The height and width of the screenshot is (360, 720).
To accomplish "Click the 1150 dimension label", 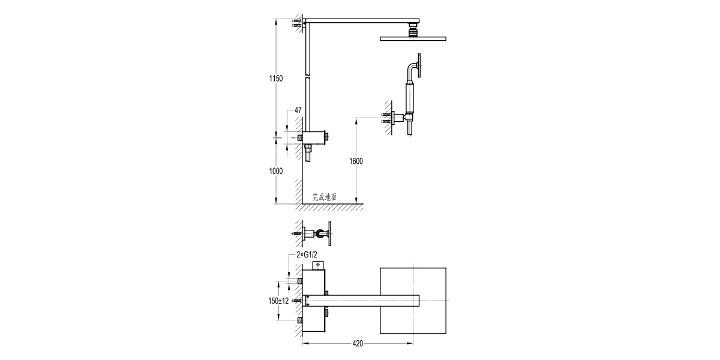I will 275,79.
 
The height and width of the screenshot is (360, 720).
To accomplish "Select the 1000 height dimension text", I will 275,171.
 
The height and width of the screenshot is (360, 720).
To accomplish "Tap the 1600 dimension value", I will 356,161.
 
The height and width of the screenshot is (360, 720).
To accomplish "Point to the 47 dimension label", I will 298,110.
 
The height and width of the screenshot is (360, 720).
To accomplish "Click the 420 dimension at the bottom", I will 358,344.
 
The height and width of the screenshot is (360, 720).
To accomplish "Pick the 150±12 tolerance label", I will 279,301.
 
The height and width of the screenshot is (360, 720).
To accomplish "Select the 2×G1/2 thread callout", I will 307,255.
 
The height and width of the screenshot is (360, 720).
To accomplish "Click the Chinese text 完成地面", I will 325,197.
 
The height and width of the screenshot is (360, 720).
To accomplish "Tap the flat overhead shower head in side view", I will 413,39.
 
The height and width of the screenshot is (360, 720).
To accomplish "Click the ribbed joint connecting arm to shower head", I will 413,30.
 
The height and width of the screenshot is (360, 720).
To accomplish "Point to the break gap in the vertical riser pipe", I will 307,77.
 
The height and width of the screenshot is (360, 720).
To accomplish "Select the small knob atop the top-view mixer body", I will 317,265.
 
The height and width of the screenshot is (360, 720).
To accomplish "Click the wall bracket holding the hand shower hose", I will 396,118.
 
